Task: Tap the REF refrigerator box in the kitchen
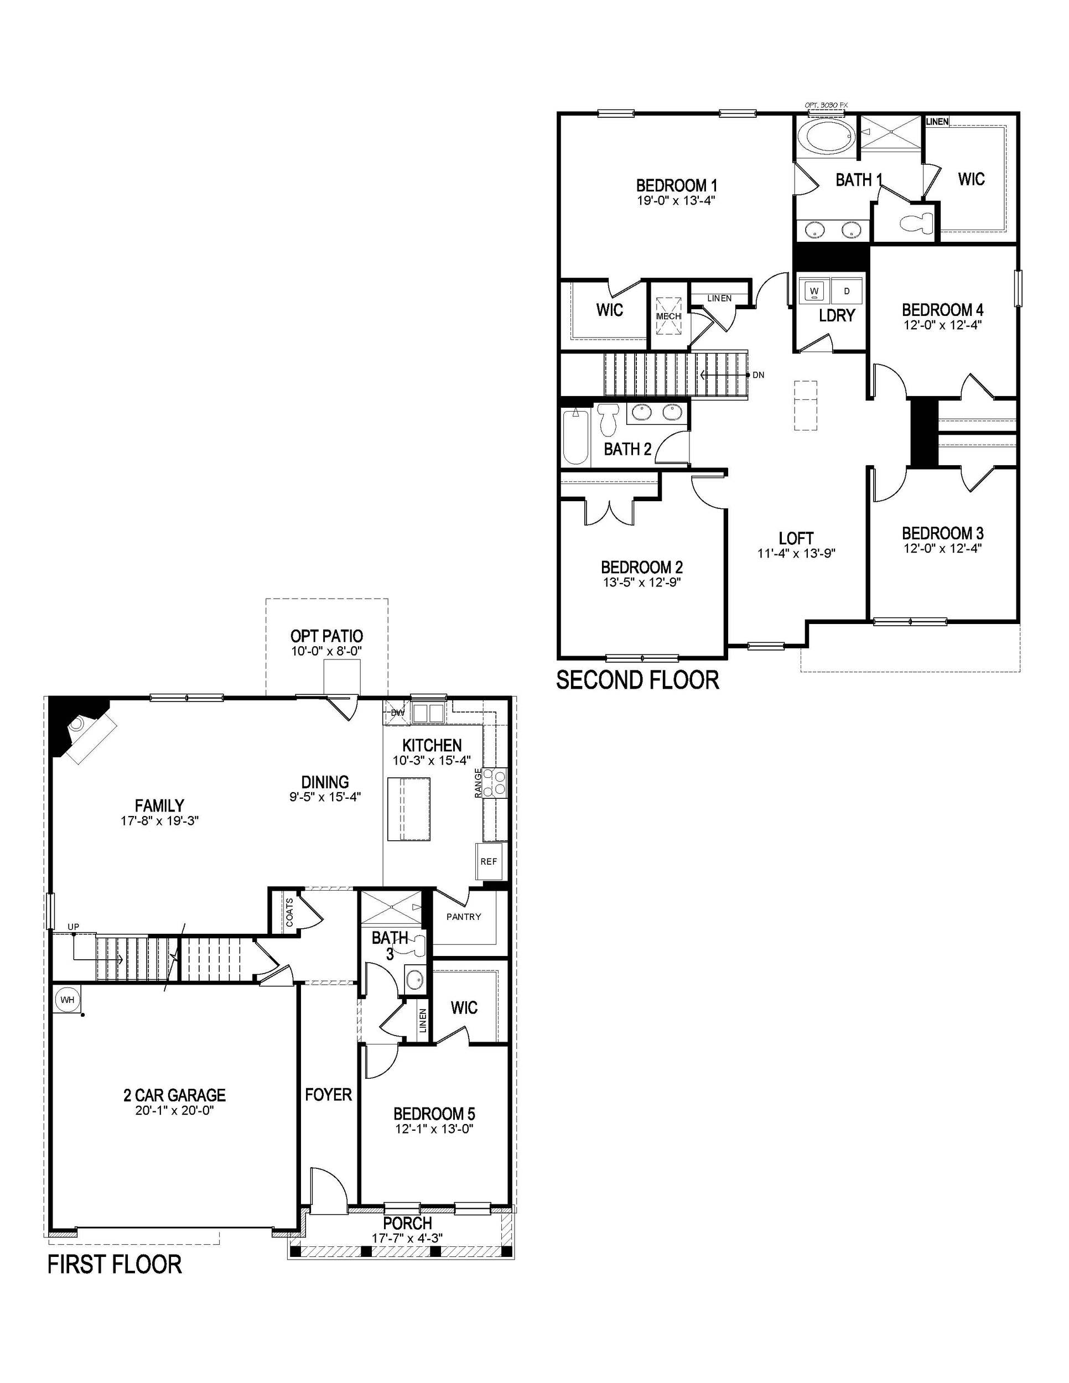[488, 861]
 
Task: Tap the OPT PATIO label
[327, 636]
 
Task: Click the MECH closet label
[668, 316]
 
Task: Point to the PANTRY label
[464, 916]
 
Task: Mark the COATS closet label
[289, 912]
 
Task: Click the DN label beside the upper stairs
[758, 375]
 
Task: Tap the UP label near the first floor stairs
[74, 927]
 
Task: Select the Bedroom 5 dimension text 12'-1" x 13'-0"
[434, 1129]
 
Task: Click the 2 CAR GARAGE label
[174, 1094]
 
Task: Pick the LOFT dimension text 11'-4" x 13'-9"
[796, 553]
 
